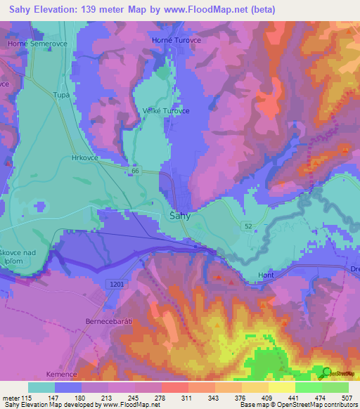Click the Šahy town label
pyautogui.click(x=180, y=216)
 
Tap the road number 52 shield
pyautogui.click(x=249, y=225)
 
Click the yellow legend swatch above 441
pyautogui.click(x=281, y=387)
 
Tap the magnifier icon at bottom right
pyautogui.click(x=327, y=372)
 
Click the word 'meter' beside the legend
pyautogui.click(x=11, y=397)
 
